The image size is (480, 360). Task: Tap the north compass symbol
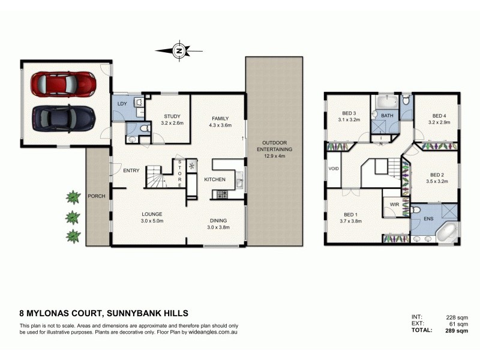(178, 51)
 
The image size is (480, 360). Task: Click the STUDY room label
(173, 116)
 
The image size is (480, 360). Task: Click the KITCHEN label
(214, 180)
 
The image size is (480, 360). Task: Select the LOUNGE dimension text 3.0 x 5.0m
(152, 220)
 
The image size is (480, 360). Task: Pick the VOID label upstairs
(334, 169)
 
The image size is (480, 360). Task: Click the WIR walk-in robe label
(394, 205)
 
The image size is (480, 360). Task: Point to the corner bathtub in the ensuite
(446, 233)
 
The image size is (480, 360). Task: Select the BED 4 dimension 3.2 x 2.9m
(439, 122)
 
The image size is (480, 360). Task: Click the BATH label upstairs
(387, 116)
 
